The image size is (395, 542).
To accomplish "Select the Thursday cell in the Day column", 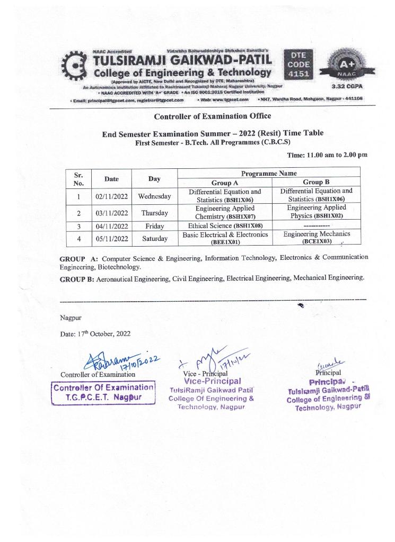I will tap(154, 213).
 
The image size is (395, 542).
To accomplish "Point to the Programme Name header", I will tap(268, 173).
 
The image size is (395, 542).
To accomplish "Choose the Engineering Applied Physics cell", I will tap(317, 212).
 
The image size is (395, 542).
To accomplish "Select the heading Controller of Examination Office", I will tap(212, 116).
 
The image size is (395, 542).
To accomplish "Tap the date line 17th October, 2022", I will tap(93, 334).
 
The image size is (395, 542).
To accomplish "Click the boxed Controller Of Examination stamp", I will tap(104, 392).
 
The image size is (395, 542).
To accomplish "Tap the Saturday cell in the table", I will tap(154, 238).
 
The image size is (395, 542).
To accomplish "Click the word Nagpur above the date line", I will tap(70, 318).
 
